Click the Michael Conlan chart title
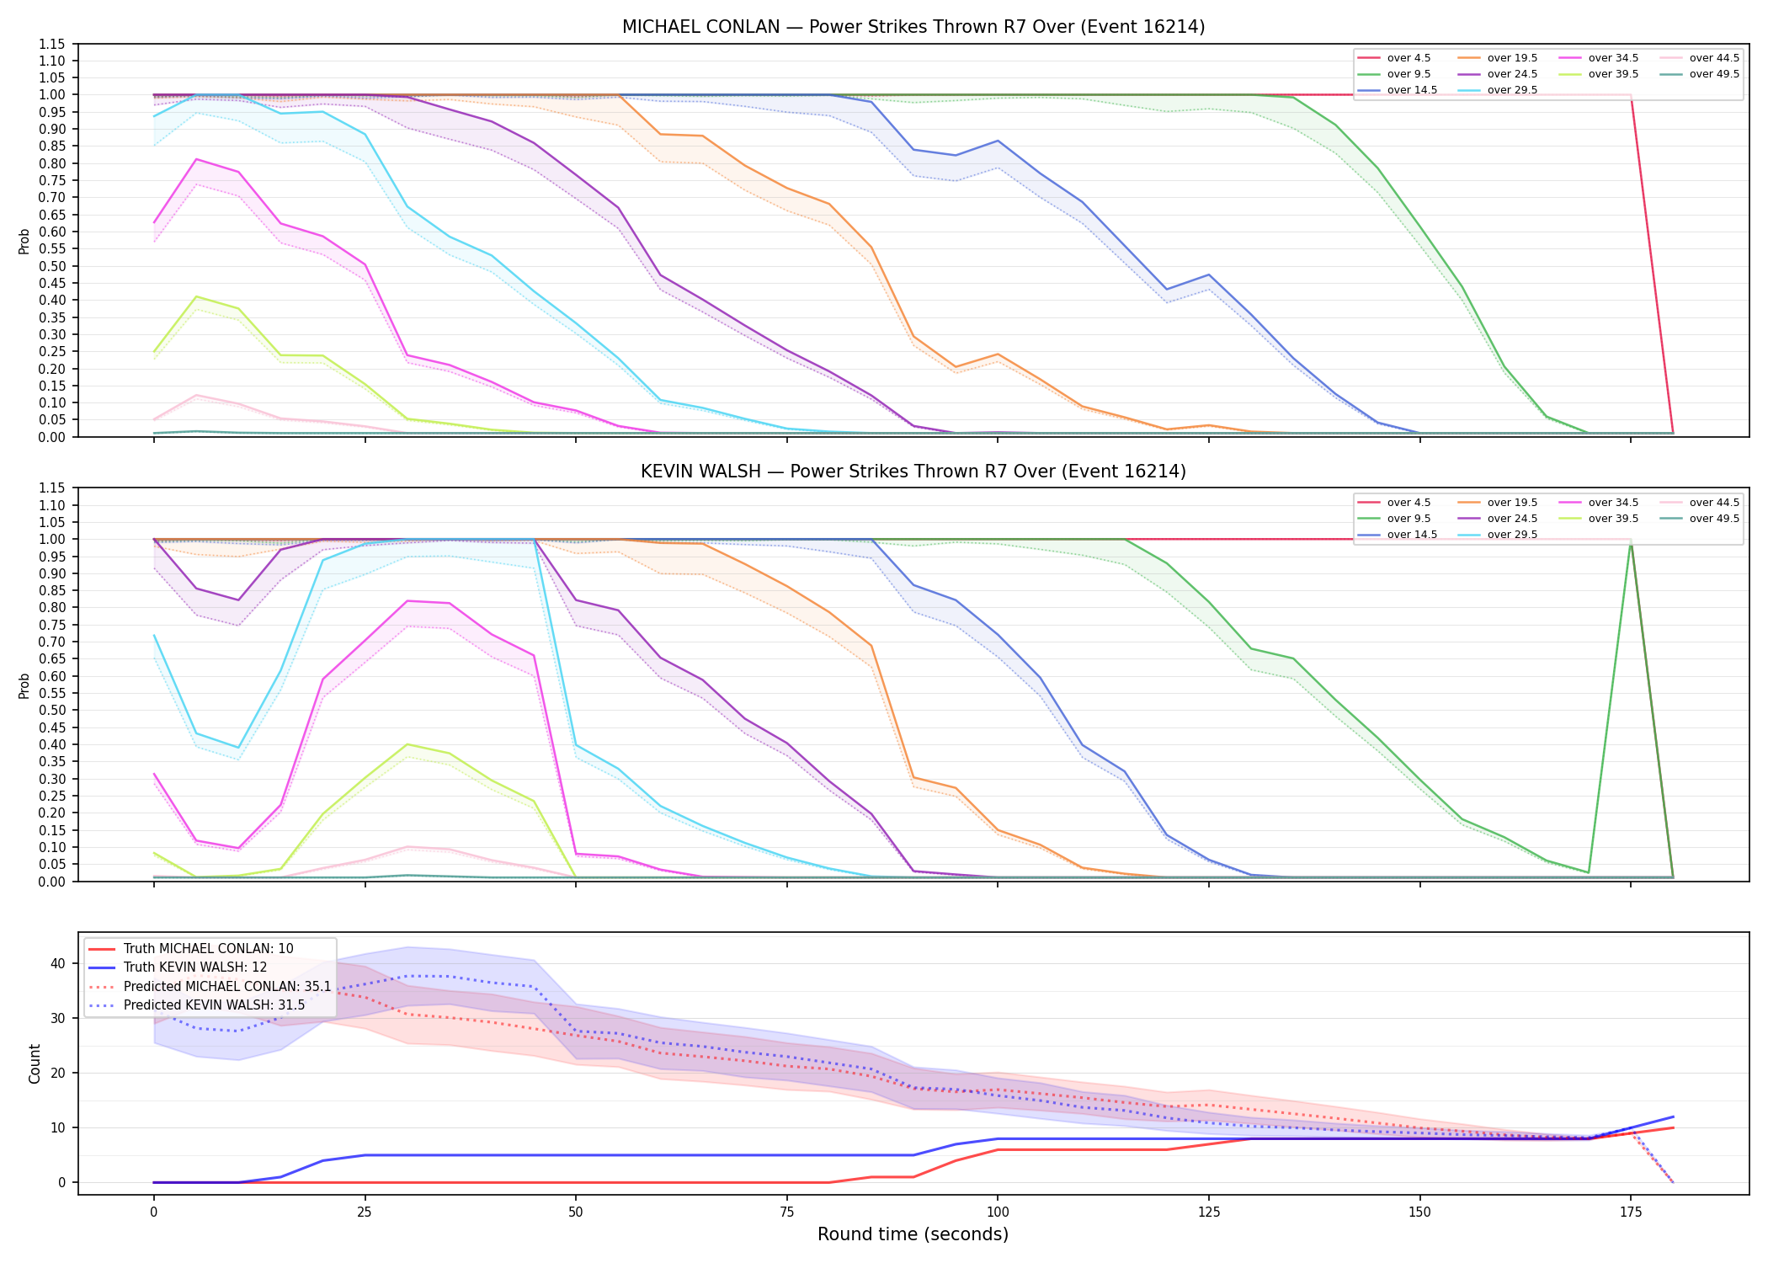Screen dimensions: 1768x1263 click(913, 27)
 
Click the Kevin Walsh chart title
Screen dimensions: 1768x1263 click(913, 472)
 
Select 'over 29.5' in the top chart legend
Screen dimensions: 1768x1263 click(1512, 90)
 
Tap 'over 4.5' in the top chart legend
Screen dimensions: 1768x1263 click(1409, 58)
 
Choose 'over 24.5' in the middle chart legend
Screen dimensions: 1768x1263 click(1512, 519)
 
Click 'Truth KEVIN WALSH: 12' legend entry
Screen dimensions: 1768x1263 click(195, 967)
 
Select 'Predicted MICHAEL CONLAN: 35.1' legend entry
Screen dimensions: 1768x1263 click(227, 986)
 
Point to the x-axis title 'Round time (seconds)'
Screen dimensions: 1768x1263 click(913, 1234)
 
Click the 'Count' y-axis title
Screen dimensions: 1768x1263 click(35, 1063)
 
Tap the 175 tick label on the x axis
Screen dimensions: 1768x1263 click(1631, 1212)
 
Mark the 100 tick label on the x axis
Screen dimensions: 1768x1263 click(998, 1212)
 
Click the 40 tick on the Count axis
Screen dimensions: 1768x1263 click(58, 963)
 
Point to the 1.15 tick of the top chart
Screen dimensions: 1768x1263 click(51, 44)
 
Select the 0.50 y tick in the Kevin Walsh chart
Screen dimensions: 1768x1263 click(51, 711)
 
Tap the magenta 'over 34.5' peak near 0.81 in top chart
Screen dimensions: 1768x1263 click(196, 159)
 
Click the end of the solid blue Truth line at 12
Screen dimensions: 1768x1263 click(1673, 1116)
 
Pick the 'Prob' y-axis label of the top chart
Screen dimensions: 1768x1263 click(24, 242)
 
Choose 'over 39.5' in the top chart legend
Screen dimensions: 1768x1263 click(1613, 74)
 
